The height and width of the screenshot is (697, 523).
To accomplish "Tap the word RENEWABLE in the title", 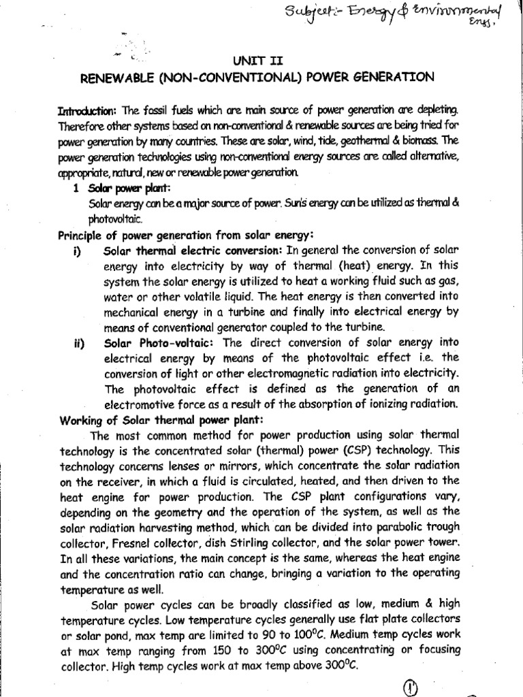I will pos(119,78).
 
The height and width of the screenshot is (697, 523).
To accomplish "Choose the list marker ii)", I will pos(78,344).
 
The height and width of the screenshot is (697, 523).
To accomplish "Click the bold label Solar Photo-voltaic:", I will pos(148,344).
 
